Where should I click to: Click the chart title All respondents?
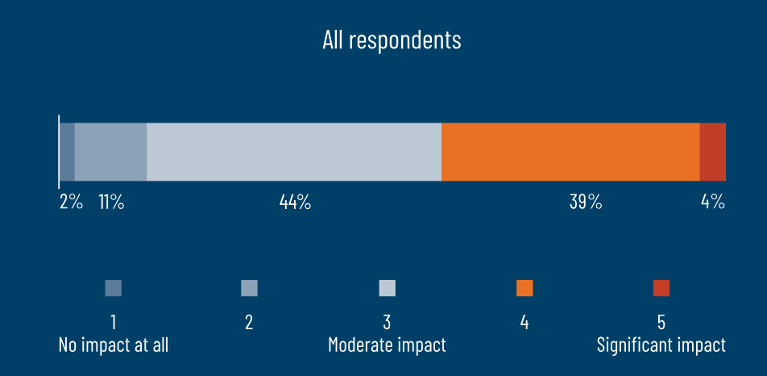(x=392, y=40)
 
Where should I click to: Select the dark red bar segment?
(x=713, y=152)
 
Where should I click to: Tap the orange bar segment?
(x=571, y=152)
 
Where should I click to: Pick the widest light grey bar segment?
(x=294, y=152)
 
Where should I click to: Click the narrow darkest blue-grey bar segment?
(x=67, y=152)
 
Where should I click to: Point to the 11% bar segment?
(x=110, y=152)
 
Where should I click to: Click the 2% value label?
(x=72, y=202)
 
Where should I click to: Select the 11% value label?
(x=111, y=202)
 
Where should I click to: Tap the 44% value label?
(x=295, y=202)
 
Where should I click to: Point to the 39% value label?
(x=586, y=202)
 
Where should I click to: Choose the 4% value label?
(x=713, y=202)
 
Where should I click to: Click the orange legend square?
(x=524, y=288)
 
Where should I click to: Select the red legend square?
(x=661, y=288)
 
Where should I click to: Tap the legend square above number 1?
(x=113, y=288)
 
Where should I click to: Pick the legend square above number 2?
(x=249, y=288)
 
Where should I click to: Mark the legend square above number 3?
(x=387, y=288)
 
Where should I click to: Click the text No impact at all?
(x=114, y=345)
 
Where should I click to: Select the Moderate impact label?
(x=387, y=345)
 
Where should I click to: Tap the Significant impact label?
(x=661, y=345)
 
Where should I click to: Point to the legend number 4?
(x=524, y=322)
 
